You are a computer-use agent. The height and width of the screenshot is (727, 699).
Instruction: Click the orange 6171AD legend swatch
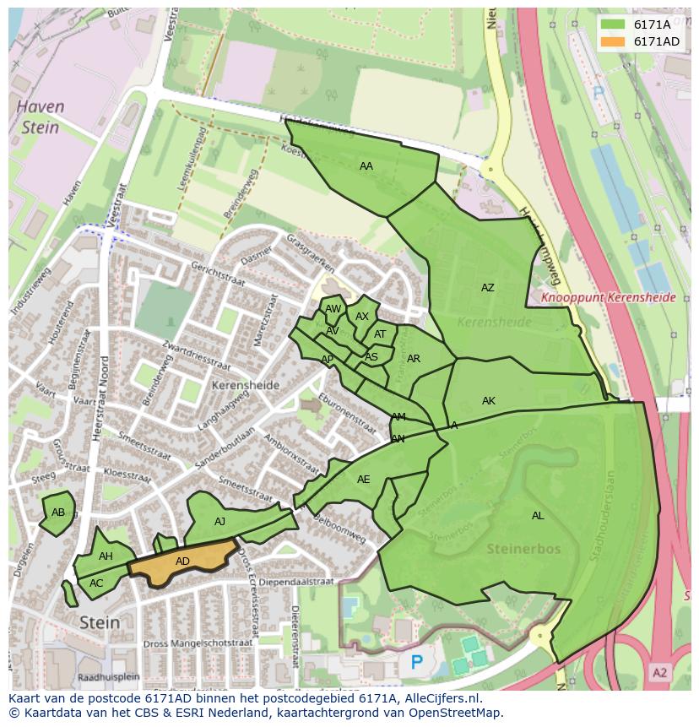tap(614, 41)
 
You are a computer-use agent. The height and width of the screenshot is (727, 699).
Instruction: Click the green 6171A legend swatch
tap(614, 24)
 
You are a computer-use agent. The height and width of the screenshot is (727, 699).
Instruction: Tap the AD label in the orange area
tap(182, 562)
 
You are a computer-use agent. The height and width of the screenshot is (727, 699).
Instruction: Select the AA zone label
tap(366, 166)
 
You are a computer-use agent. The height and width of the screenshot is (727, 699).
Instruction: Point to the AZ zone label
tap(487, 288)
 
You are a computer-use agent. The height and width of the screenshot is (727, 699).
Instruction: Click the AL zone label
tap(538, 516)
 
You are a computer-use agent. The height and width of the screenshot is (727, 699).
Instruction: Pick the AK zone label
tap(488, 401)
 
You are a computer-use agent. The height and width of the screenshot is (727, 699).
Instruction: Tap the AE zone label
tap(363, 480)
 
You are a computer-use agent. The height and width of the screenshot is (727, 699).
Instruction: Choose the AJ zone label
tap(219, 522)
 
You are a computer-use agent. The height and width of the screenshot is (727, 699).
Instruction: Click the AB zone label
tap(58, 513)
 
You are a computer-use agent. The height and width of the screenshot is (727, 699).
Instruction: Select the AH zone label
tap(106, 556)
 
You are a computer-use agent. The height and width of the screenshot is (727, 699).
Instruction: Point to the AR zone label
tap(413, 359)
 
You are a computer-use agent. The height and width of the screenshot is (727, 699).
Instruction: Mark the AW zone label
tap(333, 310)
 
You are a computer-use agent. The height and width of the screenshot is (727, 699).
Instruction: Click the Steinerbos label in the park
tap(523, 549)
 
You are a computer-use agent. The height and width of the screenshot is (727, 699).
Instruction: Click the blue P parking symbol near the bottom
tap(416, 663)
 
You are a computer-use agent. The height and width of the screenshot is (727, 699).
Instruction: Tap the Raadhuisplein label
tap(107, 677)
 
